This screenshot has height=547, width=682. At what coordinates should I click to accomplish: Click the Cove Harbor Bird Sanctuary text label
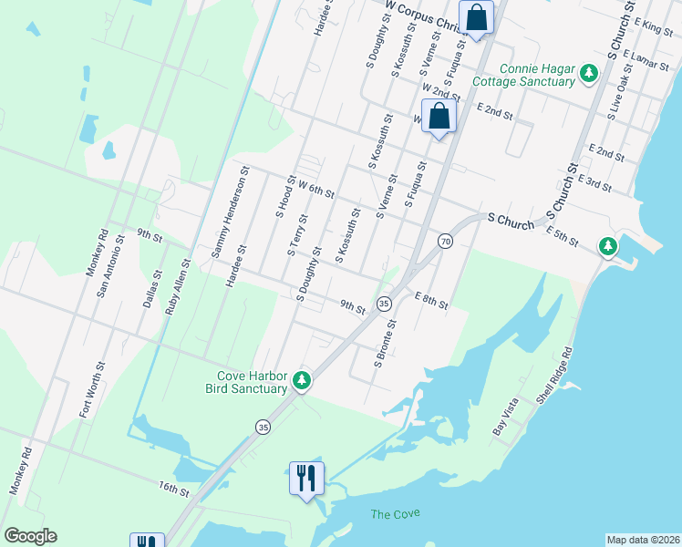point(252,382)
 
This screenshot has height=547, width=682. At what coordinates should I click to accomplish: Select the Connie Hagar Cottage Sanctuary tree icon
point(589,73)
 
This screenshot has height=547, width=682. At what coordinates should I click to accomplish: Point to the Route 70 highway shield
point(445,241)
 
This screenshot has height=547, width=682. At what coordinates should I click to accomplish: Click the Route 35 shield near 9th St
point(384,303)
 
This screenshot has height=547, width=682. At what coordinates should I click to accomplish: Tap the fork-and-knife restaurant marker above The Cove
point(305,477)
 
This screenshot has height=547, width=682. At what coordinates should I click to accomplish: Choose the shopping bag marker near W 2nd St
point(439,116)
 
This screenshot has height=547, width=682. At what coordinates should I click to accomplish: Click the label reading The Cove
point(395,514)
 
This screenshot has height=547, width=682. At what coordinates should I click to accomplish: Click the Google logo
point(30,535)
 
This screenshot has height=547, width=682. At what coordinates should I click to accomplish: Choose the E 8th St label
point(430,300)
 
